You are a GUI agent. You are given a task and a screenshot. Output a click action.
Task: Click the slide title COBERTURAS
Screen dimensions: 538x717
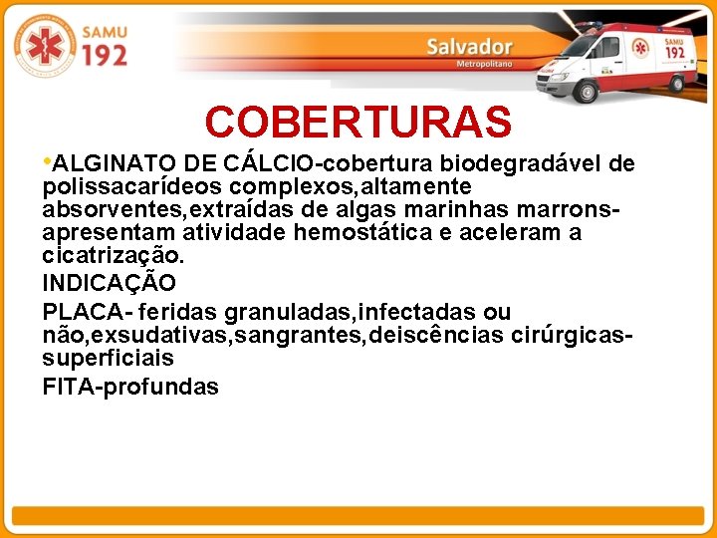coord(358,123)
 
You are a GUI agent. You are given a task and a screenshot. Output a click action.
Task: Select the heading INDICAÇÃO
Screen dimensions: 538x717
coord(109,283)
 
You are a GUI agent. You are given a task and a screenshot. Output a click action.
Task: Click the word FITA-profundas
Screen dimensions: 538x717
coord(130,388)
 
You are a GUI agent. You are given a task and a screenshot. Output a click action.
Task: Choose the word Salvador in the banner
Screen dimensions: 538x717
coord(469,47)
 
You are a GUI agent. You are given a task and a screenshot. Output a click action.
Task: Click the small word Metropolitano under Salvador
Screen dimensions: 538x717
coord(483,64)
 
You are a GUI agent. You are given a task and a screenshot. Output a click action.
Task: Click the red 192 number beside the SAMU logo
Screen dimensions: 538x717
coord(104,55)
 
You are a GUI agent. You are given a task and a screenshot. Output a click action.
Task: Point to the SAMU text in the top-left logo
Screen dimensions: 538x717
coord(104,33)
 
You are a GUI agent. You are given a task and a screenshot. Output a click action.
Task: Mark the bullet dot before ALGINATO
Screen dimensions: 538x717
coord(47,159)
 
